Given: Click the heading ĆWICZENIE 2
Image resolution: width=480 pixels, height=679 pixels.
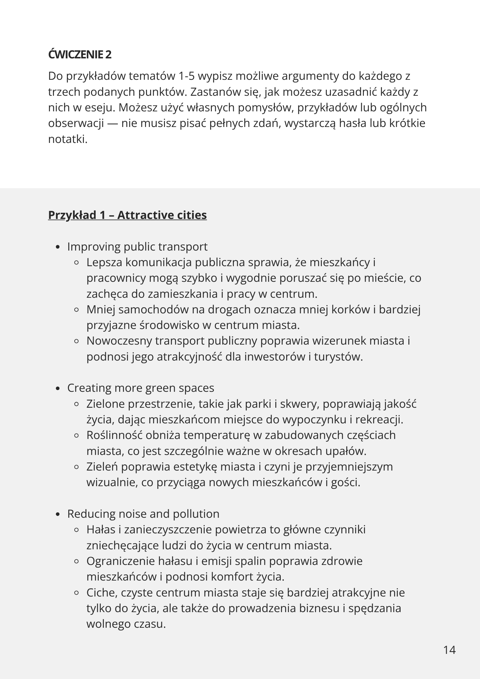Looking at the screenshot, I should (80, 54).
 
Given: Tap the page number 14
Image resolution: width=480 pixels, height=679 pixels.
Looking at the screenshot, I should (449, 650).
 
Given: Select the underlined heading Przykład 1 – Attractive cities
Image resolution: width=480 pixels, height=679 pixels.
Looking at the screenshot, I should (127, 215).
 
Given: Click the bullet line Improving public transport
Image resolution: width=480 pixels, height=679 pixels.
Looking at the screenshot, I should (137, 246).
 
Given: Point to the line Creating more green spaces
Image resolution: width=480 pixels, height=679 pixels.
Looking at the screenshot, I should (141, 388).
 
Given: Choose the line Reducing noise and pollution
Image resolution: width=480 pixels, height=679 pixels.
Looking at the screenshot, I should (143, 514).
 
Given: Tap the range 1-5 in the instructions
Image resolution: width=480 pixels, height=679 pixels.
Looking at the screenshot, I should (186, 76).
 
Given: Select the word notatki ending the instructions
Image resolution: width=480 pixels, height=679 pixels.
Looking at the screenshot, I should (67, 139).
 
